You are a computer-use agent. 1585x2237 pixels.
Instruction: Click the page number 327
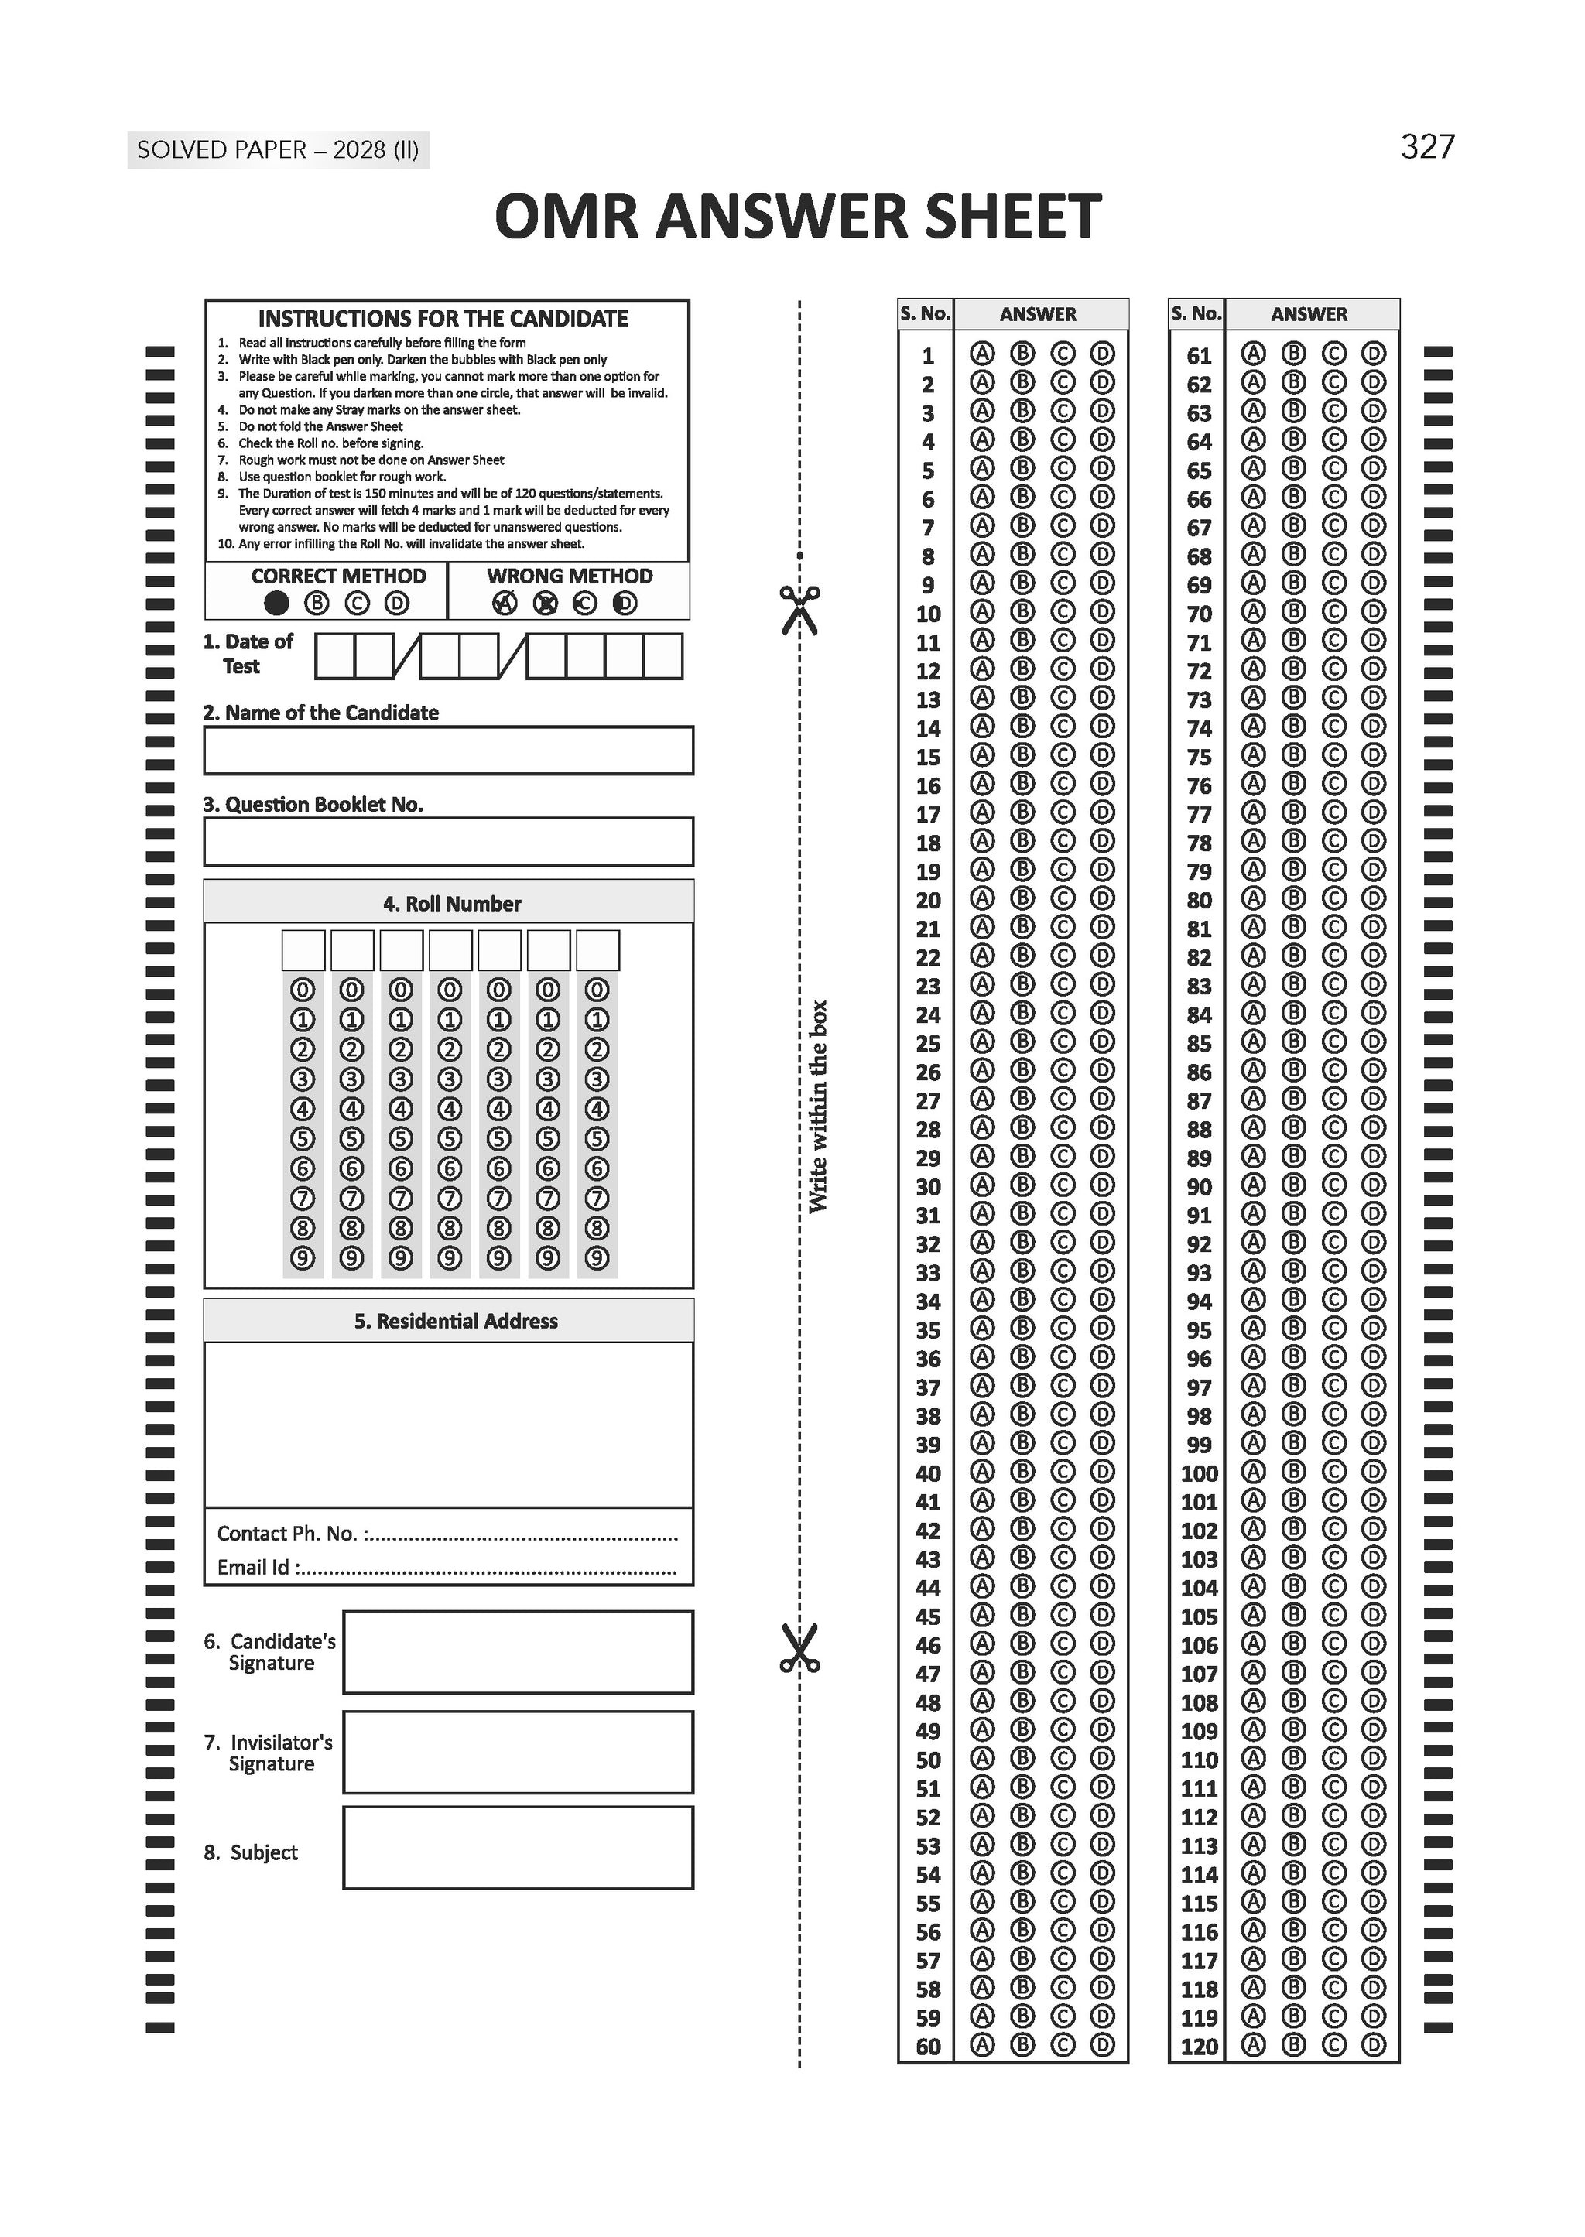click(x=1427, y=147)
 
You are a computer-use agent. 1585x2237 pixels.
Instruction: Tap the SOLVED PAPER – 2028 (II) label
click(x=278, y=150)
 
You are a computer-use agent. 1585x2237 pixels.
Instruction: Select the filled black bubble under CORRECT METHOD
click(x=276, y=603)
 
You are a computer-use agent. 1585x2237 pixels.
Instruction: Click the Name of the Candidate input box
click(x=448, y=751)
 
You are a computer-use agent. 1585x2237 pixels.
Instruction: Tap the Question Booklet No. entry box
click(x=448, y=841)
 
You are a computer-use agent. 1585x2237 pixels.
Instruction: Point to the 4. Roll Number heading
click(x=451, y=903)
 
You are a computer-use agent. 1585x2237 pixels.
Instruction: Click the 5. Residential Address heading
click(x=456, y=1321)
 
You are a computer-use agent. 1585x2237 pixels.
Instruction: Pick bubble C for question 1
click(x=1062, y=353)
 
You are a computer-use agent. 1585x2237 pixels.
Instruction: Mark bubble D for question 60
click(x=1102, y=2045)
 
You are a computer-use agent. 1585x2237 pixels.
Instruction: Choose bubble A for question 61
click(x=1253, y=353)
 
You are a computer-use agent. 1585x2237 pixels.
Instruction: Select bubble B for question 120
click(x=1293, y=2045)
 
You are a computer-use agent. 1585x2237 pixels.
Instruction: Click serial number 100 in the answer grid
click(x=1199, y=1473)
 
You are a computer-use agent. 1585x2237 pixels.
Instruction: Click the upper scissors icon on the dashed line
click(x=799, y=610)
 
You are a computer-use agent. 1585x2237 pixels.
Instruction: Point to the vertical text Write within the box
click(x=818, y=1107)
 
